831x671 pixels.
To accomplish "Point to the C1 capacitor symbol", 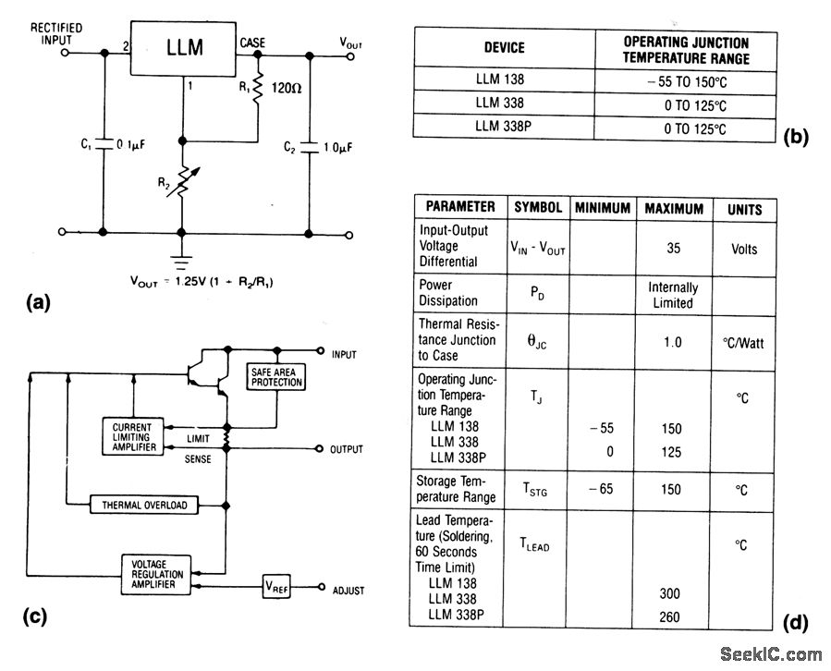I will point(104,145).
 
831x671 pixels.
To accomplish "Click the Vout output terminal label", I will point(351,42).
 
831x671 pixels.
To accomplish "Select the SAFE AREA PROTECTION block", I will point(275,377).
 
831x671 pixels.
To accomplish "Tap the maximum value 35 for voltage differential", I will point(673,249).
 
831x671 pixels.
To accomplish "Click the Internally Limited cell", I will point(673,295).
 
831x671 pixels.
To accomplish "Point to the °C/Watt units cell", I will point(745,342).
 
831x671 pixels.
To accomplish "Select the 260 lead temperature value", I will point(672,616).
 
